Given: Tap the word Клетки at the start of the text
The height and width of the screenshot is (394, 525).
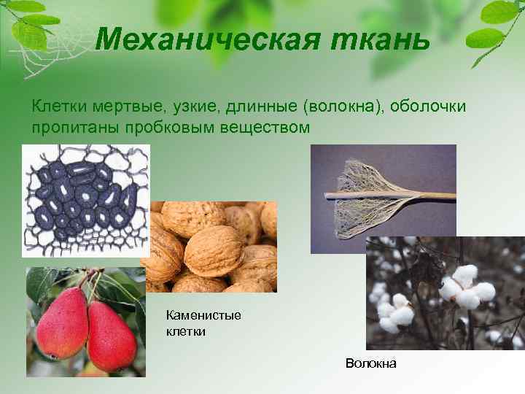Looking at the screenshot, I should coord(57,108).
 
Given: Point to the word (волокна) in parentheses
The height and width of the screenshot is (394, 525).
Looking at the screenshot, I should coord(341,108).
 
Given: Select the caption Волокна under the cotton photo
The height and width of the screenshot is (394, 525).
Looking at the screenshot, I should coord(371,363).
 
